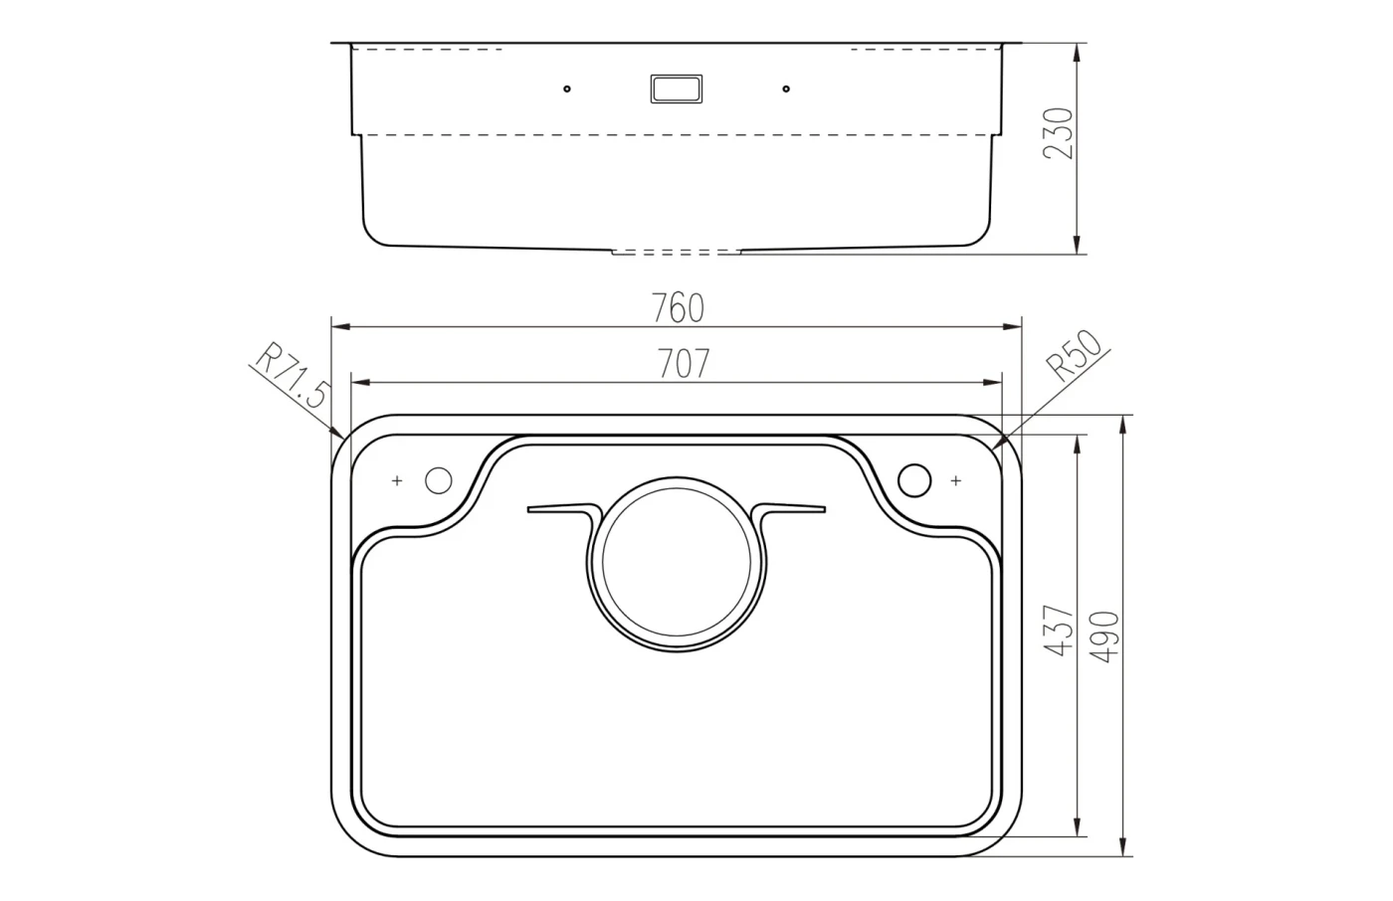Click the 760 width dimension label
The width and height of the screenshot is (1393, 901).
(x=678, y=307)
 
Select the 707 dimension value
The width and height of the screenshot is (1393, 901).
(x=684, y=364)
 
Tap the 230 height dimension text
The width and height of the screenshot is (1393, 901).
(x=1059, y=133)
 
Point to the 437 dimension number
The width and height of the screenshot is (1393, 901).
(x=1059, y=631)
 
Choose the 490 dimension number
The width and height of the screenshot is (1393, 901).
(x=1104, y=636)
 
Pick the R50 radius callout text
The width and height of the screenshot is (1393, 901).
(x=1074, y=355)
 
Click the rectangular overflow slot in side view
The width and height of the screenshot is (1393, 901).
(x=677, y=89)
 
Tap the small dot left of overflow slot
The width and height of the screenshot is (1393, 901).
(x=566, y=89)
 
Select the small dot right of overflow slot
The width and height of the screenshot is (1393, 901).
(x=786, y=89)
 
